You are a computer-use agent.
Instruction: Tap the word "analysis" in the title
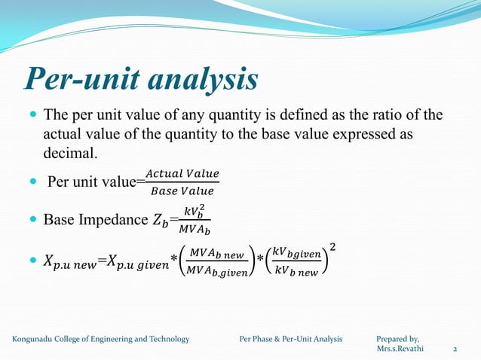[x=203, y=79]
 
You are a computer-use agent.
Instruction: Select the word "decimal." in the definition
[x=71, y=154]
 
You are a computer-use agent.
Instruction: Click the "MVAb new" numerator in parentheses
[x=215, y=253]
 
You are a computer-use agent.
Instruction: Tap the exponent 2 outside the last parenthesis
[x=332, y=247]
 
